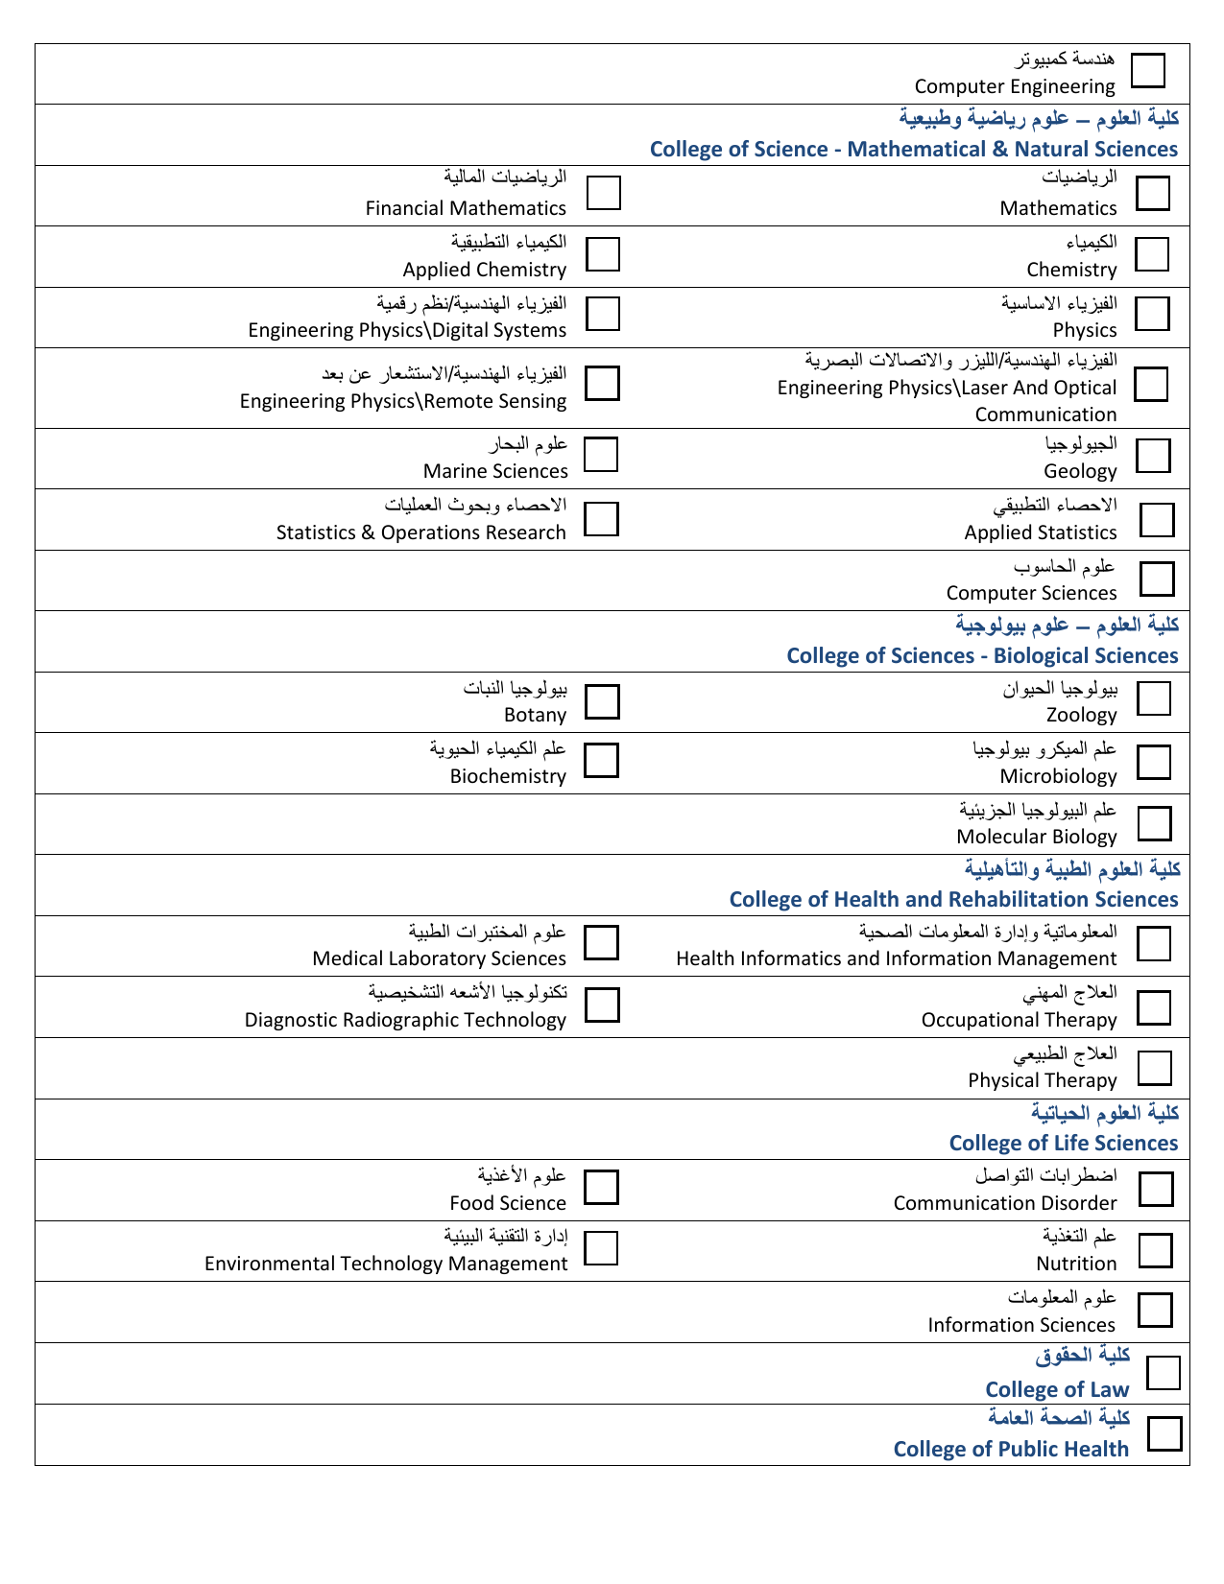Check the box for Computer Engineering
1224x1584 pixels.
tap(1147, 70)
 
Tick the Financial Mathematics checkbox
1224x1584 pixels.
tap(603, 192)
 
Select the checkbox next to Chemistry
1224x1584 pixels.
tap(1152, 254)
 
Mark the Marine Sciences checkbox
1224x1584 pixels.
tap(601, 454)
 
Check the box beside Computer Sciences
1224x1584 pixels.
tap(1157, 579)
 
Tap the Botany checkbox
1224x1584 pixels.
tap(602, 701)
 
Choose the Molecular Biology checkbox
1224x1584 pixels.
tap(1155, 823)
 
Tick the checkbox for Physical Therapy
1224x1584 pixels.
tap(1155, 1068)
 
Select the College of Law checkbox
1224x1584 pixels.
tap(1164, 1372)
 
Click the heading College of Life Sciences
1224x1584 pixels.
tap(1063, 1143)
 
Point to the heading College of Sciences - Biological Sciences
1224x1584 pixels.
tap(981, 655)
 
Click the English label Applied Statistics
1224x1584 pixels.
tap(1041, 532)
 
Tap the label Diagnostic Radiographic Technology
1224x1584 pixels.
tap(405, 1020)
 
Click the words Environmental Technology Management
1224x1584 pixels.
tap(386, 1264)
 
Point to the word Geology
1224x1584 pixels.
tap(1080, 471)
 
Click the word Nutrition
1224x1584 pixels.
tap(1076, 1264)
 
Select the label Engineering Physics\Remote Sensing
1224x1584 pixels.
tap(403, 401)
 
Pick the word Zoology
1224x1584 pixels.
tap(1081, 715)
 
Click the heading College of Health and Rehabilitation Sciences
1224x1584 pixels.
tap(953, 899)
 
